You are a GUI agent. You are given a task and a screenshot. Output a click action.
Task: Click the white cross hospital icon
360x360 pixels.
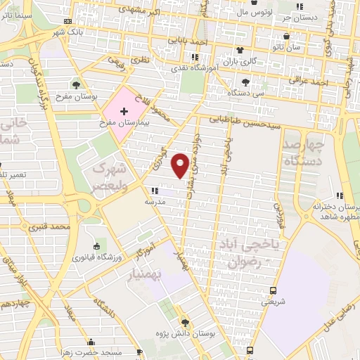point(124,111)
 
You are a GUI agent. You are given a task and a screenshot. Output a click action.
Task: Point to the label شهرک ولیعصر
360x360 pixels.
point(112,177)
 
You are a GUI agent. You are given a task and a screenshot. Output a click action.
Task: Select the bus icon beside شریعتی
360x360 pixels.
point(274,290)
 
